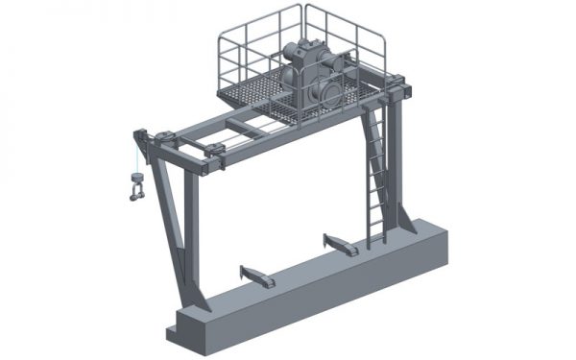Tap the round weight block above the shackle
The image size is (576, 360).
(135, 179)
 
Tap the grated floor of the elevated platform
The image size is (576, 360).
(254, 95)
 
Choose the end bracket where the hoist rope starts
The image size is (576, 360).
(139, 137)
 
